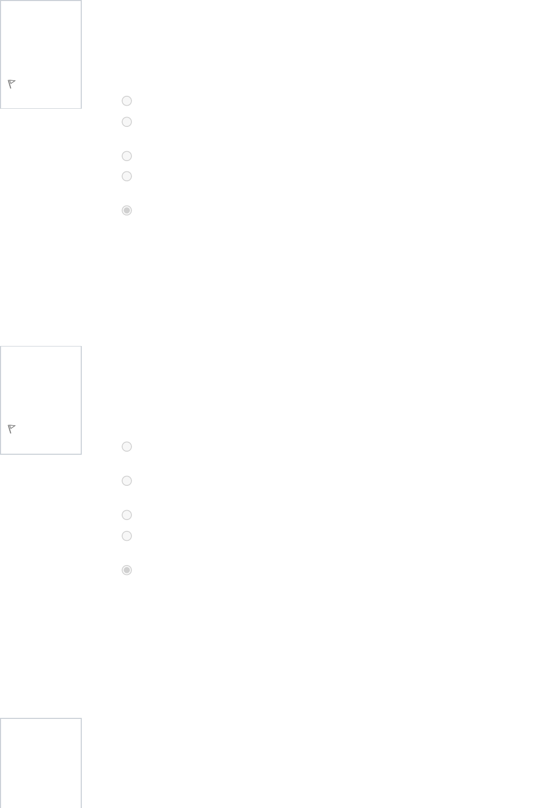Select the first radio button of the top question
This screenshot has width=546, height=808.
[127, 101]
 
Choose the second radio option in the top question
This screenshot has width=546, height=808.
[127, 122]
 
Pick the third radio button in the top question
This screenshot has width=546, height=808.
[127, 156]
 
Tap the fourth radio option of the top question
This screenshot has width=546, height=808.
[127, 176]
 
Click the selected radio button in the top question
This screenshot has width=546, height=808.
[127, 210]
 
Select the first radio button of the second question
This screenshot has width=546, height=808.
[127, 446]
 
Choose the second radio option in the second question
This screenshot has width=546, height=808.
[127, 481]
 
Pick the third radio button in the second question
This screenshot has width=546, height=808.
[127, 515]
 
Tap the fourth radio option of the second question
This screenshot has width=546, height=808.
[127, 536]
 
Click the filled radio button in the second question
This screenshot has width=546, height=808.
[127, 570]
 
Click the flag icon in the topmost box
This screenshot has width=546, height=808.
[11, 84]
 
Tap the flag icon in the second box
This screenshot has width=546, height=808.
[11, 429]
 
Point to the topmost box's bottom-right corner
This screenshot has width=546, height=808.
[81, 108]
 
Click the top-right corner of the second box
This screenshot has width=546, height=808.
[81, 347]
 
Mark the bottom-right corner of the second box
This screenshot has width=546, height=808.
[81, 454]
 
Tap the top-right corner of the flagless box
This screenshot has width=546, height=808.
[81, 718]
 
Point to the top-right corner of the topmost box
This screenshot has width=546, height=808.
[81, 1]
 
